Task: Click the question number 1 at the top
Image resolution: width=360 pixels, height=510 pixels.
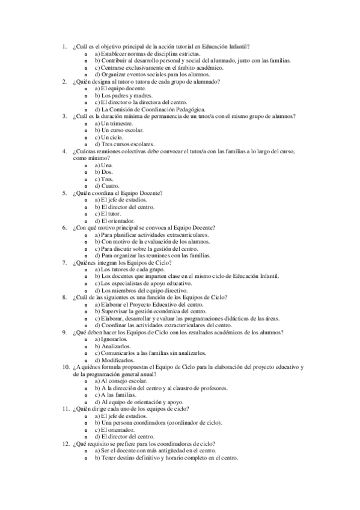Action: (x=65, y=46)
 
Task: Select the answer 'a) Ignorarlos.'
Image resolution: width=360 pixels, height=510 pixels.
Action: (x=111, y=339)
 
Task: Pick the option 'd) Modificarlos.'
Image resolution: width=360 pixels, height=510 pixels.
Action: (x=114, y=360)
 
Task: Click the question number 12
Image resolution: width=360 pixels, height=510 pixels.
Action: (x=66, y=444)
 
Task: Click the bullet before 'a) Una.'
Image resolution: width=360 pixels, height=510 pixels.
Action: (x=87, y=165)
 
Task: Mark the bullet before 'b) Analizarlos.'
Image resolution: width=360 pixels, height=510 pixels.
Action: (x=87, y=346)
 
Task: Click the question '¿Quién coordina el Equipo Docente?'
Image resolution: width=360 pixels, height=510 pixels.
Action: (x=121, y=193)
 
